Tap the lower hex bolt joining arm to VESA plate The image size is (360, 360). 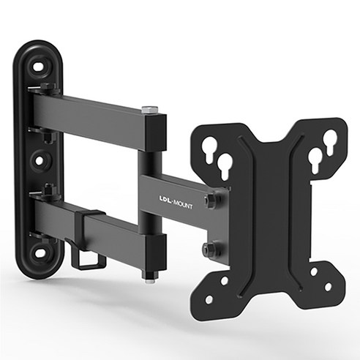pos(211,249)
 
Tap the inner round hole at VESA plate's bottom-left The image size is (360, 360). pos(225,281)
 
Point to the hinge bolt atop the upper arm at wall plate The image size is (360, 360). pos(45,88)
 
